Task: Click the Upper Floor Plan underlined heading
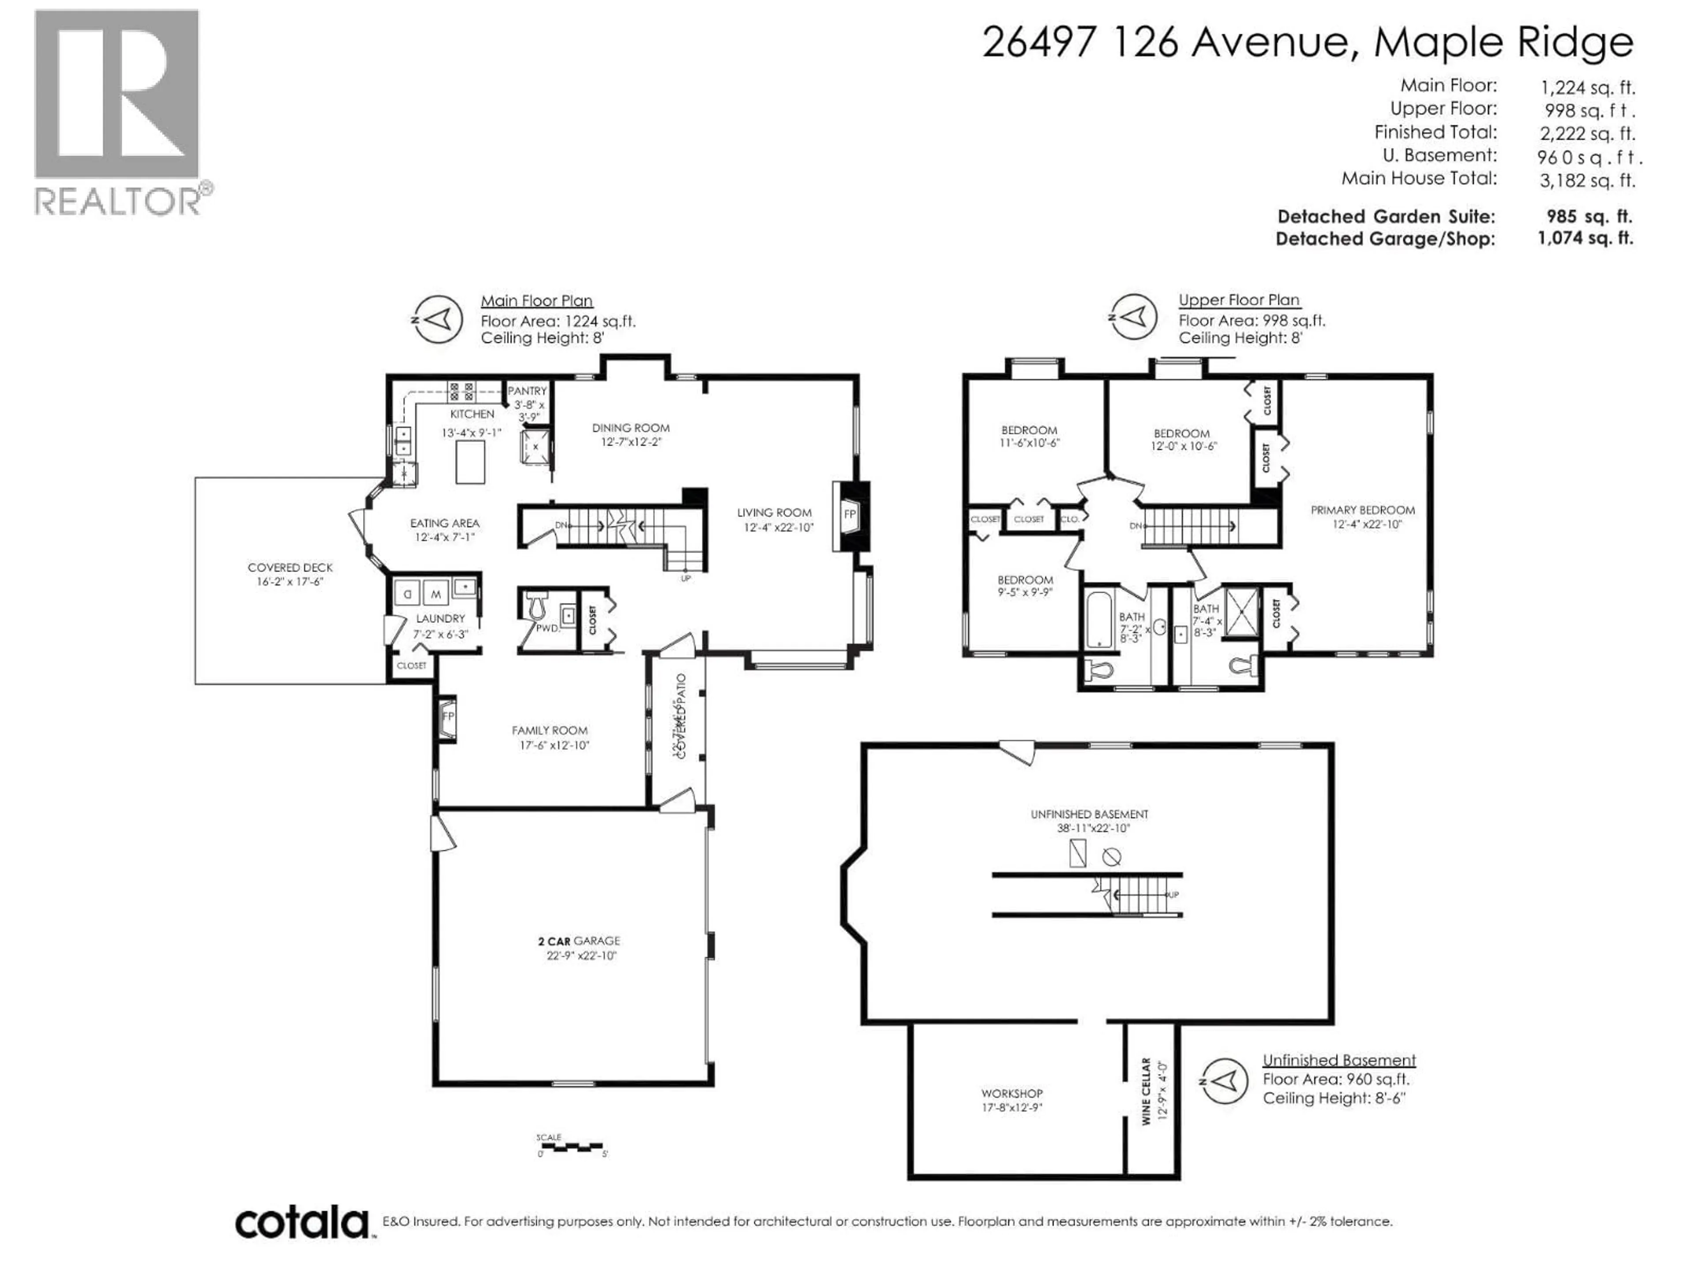[1238, 300]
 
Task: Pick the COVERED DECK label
[290, 567]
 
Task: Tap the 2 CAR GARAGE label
[579, 941]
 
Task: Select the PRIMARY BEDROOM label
[1362, 510]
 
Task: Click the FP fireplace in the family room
[448, 717]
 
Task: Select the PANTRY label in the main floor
[527, 390]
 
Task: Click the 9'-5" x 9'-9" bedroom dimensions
[1025, 592]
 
